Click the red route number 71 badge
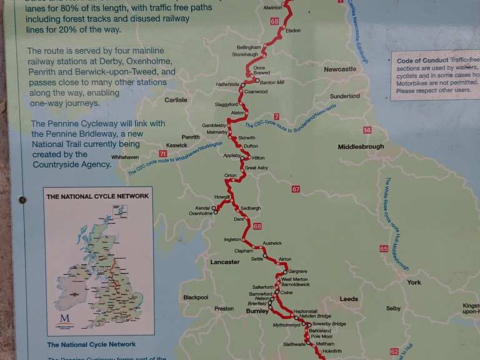tap(163, 154)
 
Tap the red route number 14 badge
tap(367, 130)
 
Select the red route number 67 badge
tap(296, 189)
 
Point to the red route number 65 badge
tap(384, 249)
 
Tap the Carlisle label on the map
tap(176, 100)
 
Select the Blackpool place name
tap(196, 297)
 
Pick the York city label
tap(414, 282)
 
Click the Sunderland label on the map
tap(345, 96)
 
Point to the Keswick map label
tap(177, 145)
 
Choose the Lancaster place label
tap(225, 262)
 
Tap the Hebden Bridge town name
tap(315, 317)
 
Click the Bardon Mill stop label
tap(272, 82)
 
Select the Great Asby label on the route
tap(256, 168)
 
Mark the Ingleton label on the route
tap(232, 239)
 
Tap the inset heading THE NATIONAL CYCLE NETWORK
tap(98, 196)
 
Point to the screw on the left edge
tap(22, 200)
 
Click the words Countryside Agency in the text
tap(72, 165)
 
